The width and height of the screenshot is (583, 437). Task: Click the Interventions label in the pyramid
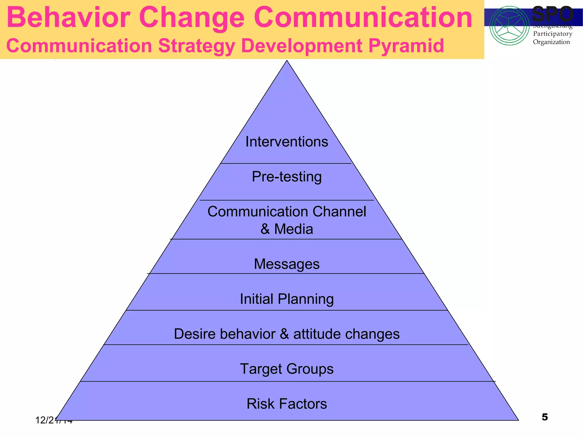(x=287, y=142)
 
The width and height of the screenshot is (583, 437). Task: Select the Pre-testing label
(x=287, y=177)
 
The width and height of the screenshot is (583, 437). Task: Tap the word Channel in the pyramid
(x=339, y=212)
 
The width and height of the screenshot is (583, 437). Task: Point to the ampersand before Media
(x=265, y=229)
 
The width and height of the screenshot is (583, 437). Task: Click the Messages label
(x=287, y=264)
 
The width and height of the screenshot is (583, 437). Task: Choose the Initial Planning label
(x=287, y=299)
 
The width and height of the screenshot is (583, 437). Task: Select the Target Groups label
(x=287, y=369)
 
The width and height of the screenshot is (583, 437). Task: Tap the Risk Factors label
(x=287, y=404)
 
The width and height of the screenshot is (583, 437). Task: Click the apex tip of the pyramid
(x=287, y=61)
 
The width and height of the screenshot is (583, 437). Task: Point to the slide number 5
(x=545, y=417)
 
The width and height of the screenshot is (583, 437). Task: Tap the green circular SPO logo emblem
(x=509, y=26)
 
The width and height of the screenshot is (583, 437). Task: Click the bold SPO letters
(x=552, y=14)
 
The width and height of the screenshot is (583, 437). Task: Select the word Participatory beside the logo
(x=552, y=34)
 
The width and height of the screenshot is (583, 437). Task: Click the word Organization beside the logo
(x=551, y=42)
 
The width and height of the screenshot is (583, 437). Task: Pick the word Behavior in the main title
(x=68, y=18)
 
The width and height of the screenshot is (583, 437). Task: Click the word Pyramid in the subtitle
(x=406, y=46)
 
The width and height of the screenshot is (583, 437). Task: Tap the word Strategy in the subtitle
(x=197, y=46)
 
